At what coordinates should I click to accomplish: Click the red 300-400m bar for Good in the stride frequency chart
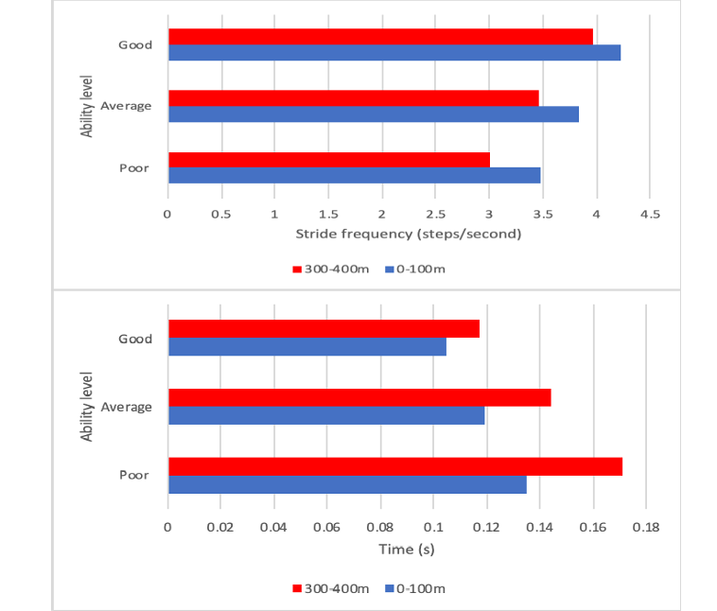(380, 36)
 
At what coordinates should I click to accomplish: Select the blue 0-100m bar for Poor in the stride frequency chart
(354, 175)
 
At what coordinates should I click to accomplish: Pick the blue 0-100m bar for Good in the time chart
(306, 347)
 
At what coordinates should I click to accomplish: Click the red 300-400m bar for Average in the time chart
(359, 397)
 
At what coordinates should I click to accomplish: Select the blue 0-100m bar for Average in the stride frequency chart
(373, 113)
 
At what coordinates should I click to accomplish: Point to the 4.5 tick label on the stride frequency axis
(649, 214)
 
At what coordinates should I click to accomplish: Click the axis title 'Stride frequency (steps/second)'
(409, 234)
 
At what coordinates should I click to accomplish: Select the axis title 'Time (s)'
(409, 549)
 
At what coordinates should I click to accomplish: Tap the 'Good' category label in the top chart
(135, 44)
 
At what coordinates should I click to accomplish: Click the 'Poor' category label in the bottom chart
(134, 475)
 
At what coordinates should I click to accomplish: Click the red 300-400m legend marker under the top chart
(297, 270)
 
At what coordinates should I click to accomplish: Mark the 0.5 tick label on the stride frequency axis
(221, 214)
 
